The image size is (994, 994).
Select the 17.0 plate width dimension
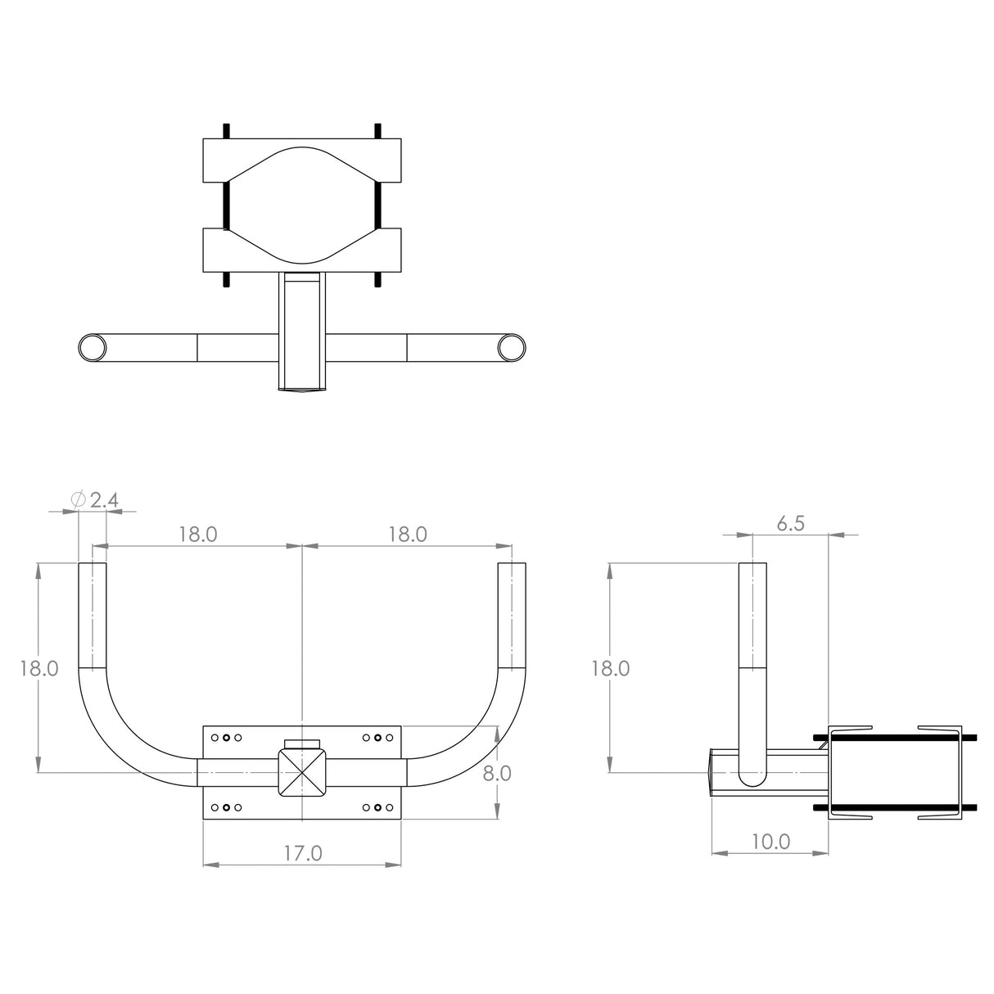point(302,852)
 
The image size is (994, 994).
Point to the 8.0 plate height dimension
point(496,772)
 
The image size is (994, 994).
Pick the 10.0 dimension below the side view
point(770,841)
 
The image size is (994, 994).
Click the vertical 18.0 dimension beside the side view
point(611,668)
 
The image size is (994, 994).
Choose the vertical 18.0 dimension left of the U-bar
point(38,668)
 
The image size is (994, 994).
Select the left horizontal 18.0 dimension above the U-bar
point(198,535)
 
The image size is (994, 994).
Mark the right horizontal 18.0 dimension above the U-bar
point(408,535)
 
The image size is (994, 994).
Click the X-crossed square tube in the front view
point(303,771)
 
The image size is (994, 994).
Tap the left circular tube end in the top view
point(92,348)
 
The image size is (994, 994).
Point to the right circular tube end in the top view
point(512,348)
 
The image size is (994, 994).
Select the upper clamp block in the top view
point(302,160)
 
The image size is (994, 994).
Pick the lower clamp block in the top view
point(302,250)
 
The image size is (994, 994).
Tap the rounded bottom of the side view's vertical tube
point(753,778)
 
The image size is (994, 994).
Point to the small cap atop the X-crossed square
point(303,743)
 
